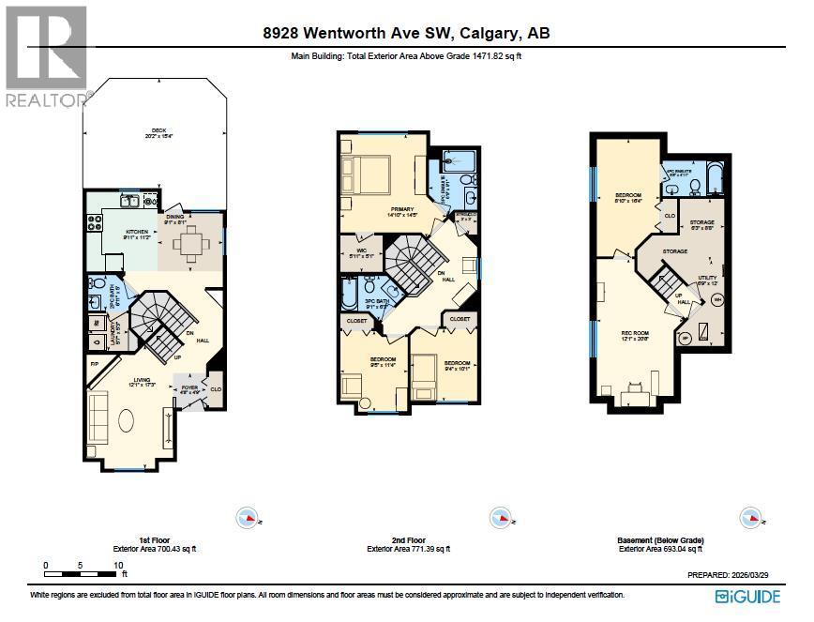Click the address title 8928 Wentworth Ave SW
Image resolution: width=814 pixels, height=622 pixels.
(x=407, y=34)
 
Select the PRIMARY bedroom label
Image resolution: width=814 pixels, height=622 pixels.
(x=388, y=211)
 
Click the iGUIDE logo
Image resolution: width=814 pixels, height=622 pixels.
(x=747, y=597)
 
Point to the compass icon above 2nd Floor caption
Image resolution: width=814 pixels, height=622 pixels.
(x=499, y=518)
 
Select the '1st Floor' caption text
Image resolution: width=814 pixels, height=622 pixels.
(x=155, y=541)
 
